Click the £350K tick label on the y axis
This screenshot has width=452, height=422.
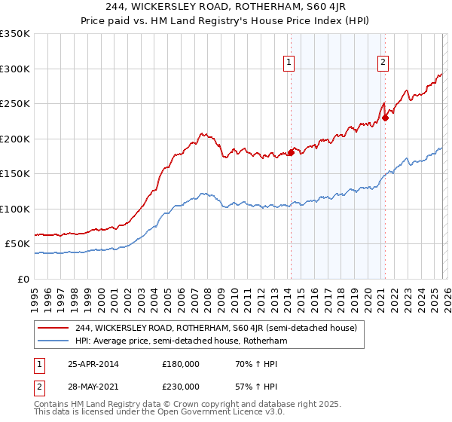(15, 34)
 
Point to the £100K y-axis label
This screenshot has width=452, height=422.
(15, 209)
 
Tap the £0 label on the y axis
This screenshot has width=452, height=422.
(22, 279)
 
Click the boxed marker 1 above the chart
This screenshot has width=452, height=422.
(289, 63)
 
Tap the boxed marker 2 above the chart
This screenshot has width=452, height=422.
(383, 63)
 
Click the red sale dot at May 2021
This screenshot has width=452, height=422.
(385, 118)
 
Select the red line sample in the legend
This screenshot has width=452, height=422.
(54, 328)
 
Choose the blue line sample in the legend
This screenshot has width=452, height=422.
(54, 341)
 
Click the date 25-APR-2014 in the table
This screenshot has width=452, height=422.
(93, 365)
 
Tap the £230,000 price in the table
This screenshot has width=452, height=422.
(181, 387)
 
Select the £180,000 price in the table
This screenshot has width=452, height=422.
(181, 365)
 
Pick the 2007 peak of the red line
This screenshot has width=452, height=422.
(202, 133)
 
